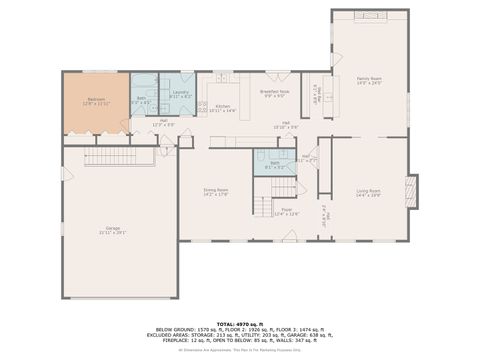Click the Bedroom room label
tap(96, 99)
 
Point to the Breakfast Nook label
tap(275, 92)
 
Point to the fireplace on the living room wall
tap(411, 191)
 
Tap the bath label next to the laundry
tap(141, 98)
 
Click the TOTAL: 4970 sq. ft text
tap(239, 323)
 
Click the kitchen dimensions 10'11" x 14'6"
tap(223, 110)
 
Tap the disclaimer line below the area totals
tap(239, 350)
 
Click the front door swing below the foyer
tap(290, 236)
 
